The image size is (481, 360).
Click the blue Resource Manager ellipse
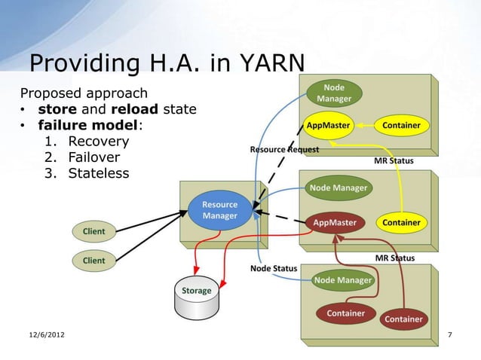click(219, 210)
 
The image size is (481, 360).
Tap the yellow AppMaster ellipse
click(328, 125)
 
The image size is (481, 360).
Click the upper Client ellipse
click(94, 230)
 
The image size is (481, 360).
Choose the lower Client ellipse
click(94, 261)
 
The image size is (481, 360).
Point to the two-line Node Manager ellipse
click(334, 93)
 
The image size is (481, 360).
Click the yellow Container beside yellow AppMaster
click(401, 125)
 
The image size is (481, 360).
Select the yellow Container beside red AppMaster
click(401, 223)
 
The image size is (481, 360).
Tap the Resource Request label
click(284, 149)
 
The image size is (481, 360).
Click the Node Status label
click(273, 268)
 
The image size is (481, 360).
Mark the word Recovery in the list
click(98, 142)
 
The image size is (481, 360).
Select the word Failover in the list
click(93, 158)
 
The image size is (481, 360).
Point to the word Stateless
click(98, 174)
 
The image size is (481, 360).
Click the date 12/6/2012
click(42, 334)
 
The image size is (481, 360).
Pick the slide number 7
click(450, 334)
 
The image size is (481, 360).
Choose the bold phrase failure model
click(83, 126)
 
